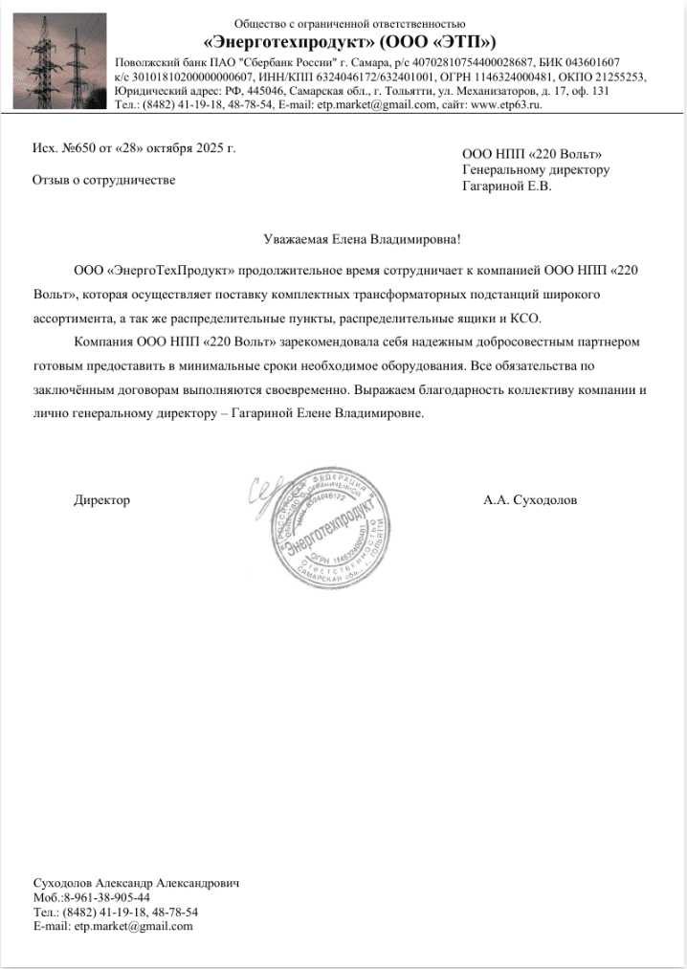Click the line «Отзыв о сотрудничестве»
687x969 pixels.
click(104, 180)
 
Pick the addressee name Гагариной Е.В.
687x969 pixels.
click(506, 186)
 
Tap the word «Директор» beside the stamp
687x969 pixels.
click(102, 500)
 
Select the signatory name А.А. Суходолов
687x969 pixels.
click(530, 500)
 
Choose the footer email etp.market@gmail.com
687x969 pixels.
click(133, 926)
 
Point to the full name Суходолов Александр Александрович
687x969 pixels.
click(136, 883)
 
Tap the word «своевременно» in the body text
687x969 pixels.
click(304, 390)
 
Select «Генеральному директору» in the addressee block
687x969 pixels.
click(535, 170)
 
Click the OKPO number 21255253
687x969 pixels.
click(621, 77)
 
